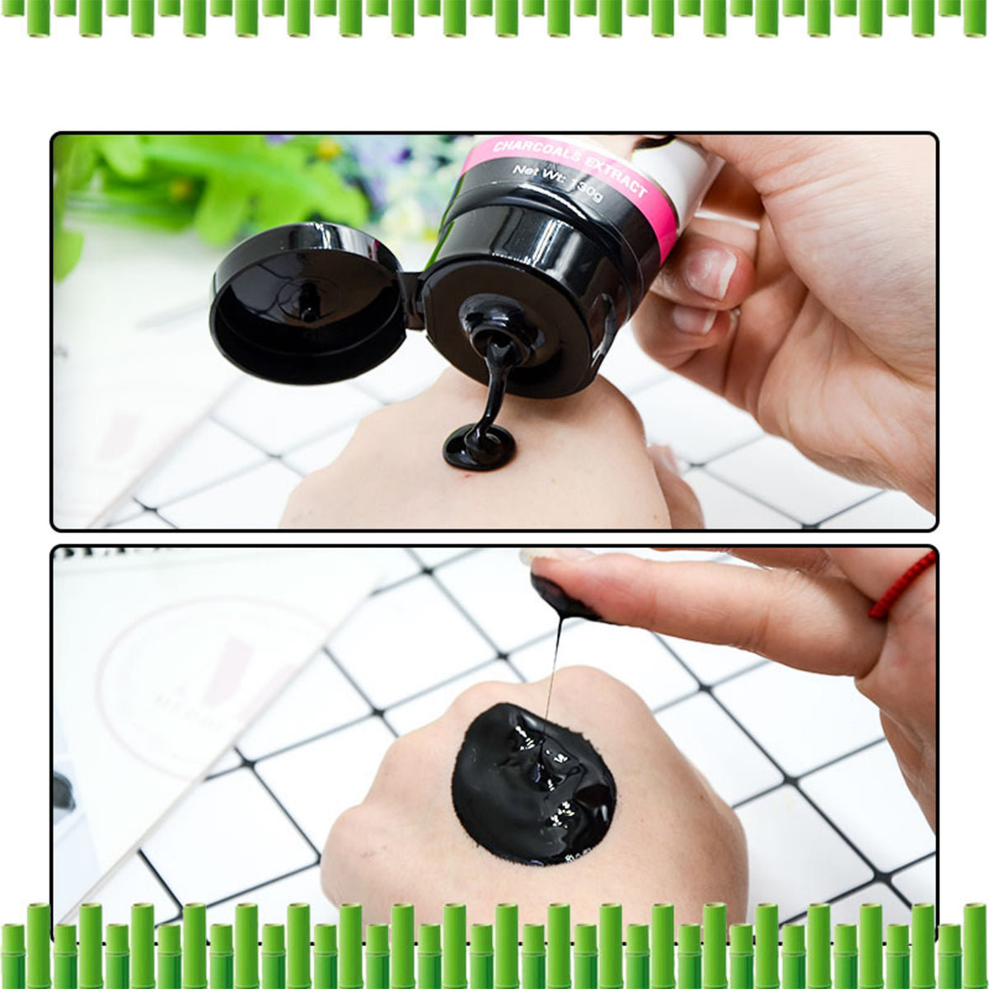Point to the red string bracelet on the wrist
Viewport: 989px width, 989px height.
[x=903, y=585]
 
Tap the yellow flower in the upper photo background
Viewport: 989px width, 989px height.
[x=329, y=148]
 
